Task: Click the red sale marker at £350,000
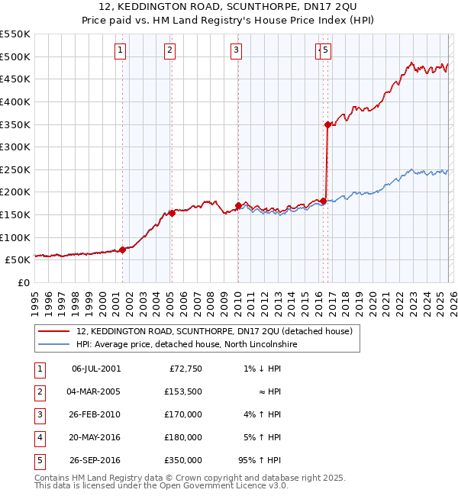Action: click(327, 124)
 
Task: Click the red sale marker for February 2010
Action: click(238, 205)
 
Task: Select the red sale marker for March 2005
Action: click(172, 213)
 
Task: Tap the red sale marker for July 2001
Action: click(122, 250)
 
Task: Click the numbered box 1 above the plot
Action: click(121, 51)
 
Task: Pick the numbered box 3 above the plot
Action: click(237, 51)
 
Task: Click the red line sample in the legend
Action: click(53, 332)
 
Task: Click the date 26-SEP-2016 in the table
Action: click(96, 461)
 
